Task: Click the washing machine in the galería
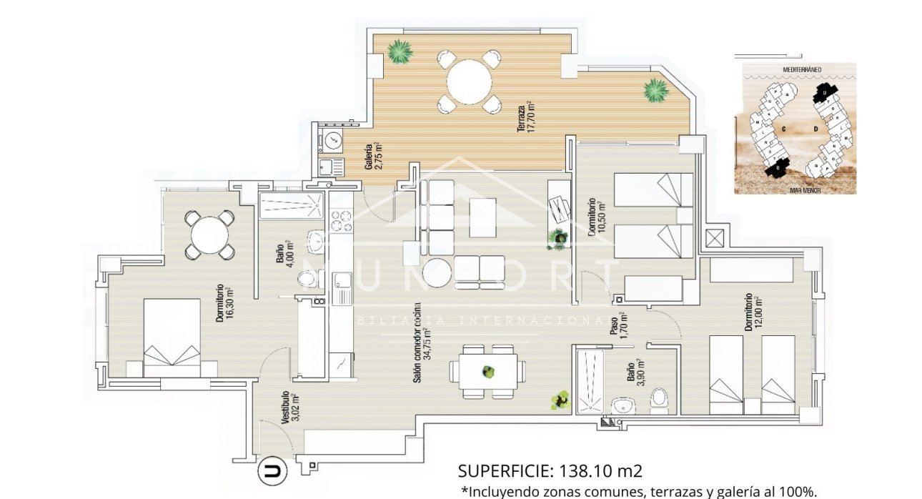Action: (331, 142)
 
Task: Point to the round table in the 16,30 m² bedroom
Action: (208, 234)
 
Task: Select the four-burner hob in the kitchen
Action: (341, 219)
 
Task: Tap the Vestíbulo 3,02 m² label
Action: (288, 408)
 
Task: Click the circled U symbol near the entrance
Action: (272, 472)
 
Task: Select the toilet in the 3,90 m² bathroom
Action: (658, 401)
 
